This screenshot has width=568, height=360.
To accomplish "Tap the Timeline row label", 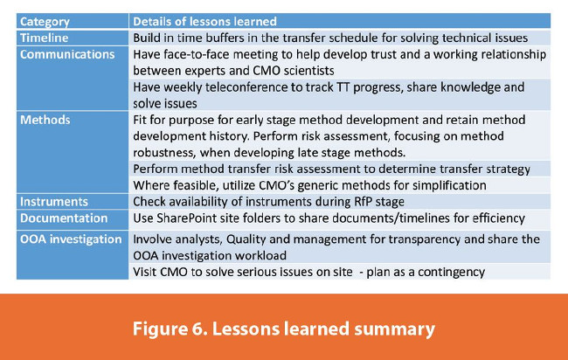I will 45,38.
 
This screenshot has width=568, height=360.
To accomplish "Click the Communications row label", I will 67,54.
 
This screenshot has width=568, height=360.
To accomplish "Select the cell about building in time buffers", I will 330,38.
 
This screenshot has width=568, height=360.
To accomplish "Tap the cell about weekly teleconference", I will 329,94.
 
